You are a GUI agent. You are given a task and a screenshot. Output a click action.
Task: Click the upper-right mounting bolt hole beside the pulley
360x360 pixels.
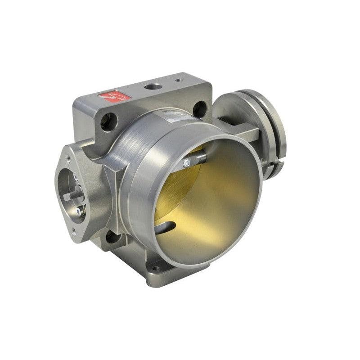click(200, 108)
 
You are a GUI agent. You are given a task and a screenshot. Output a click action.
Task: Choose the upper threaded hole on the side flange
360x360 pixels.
click(69, 158)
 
